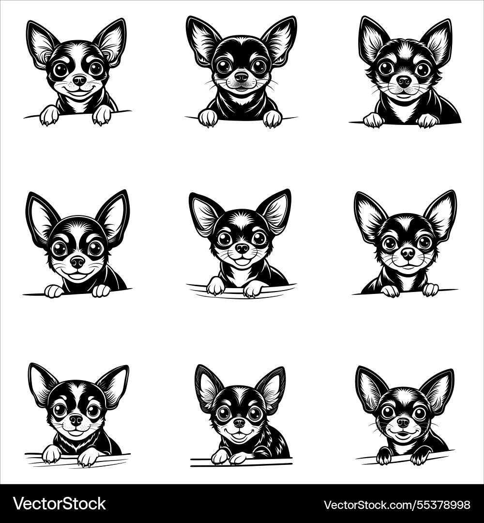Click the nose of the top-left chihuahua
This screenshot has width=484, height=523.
79,79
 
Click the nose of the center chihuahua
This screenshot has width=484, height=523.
242,248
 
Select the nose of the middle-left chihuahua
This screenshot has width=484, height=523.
77,262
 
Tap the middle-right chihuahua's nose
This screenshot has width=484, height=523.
408,252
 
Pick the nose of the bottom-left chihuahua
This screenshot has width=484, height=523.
76,419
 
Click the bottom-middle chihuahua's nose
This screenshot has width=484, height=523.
240,423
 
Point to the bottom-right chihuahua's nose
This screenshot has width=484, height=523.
403,422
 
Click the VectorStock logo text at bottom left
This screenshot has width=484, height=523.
59,504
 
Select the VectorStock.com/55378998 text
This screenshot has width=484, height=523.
396,504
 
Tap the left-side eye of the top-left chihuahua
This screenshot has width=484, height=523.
61,69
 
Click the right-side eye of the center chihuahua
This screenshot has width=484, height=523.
259,238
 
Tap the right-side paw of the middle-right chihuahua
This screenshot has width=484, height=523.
430,290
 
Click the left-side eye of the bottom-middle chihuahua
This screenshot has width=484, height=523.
224,413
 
